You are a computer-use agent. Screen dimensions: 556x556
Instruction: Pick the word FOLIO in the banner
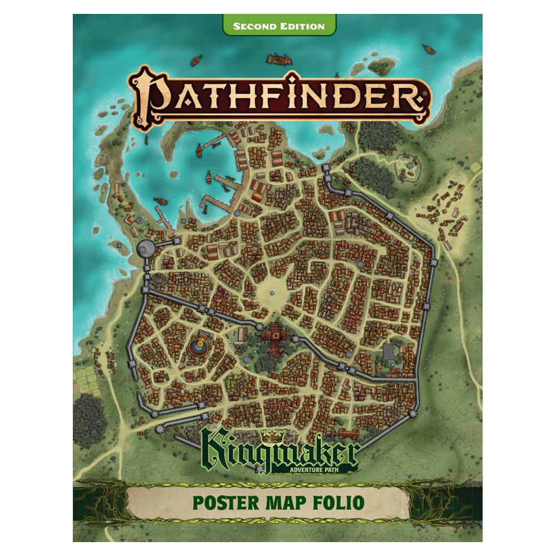click(x=340, y=501)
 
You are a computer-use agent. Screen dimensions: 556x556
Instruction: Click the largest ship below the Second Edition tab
click(x=279, y=58)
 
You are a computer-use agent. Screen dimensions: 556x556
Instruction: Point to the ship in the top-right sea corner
click(x=428, y=49)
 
